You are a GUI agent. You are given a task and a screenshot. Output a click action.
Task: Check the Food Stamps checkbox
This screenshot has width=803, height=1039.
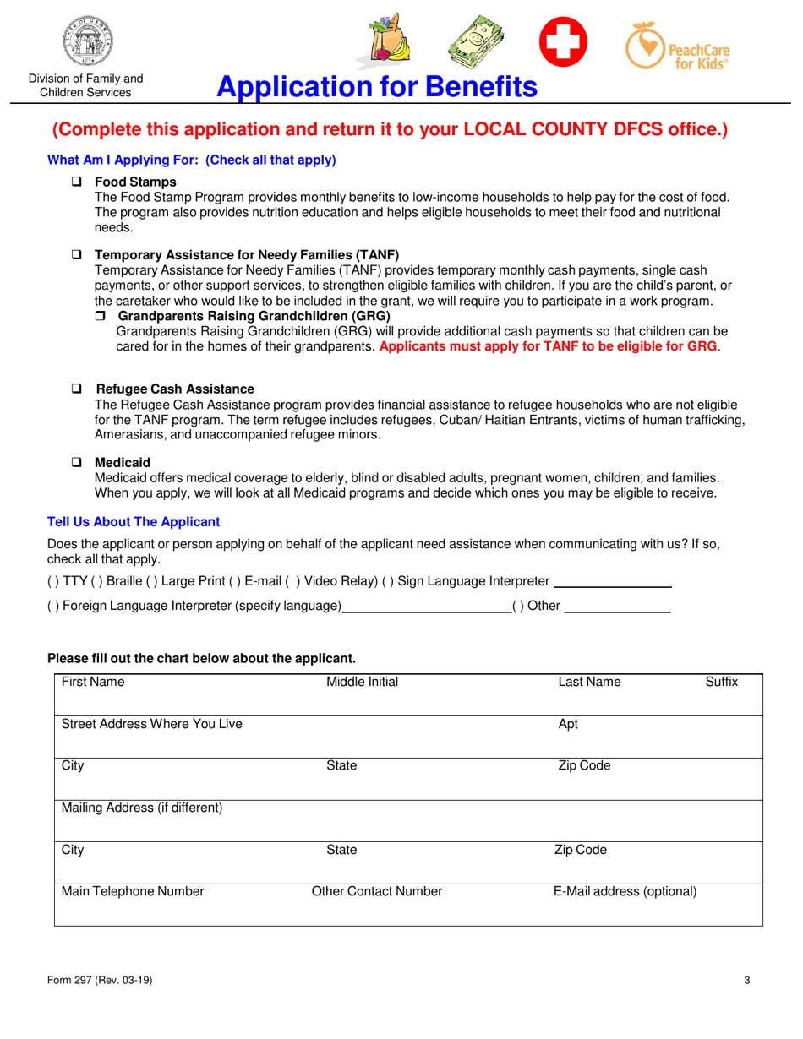pyautogui.click(x=76, y=182)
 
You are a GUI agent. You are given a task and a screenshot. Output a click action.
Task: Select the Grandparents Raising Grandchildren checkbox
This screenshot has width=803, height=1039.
pyautogui.click(x=100, y=316)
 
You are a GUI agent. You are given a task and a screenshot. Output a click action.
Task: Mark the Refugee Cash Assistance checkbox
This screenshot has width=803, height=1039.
pyautogui.click(x=76, y=389)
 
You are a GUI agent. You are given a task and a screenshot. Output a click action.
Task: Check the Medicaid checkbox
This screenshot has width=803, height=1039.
pyautogui.click(x=76, y=463)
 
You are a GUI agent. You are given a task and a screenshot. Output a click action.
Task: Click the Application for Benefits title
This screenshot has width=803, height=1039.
pyautogui.click(x=376, y=87)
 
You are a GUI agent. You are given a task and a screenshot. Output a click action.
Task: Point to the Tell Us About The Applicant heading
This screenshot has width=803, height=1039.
pyautogui.click(x=134, y=522)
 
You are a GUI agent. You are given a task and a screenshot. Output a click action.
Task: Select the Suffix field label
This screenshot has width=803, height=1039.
pyautogui.click(x=721, y=682)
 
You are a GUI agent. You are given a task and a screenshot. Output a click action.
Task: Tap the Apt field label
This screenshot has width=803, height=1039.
pyautogui.click(x=568, y=724)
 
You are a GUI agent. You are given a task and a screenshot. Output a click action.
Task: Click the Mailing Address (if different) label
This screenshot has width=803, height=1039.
pyautogui.click(x=142, y=808)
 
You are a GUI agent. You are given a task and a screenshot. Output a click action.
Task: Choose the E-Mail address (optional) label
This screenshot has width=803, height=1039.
pyautogui.click(x=625, y=891)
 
